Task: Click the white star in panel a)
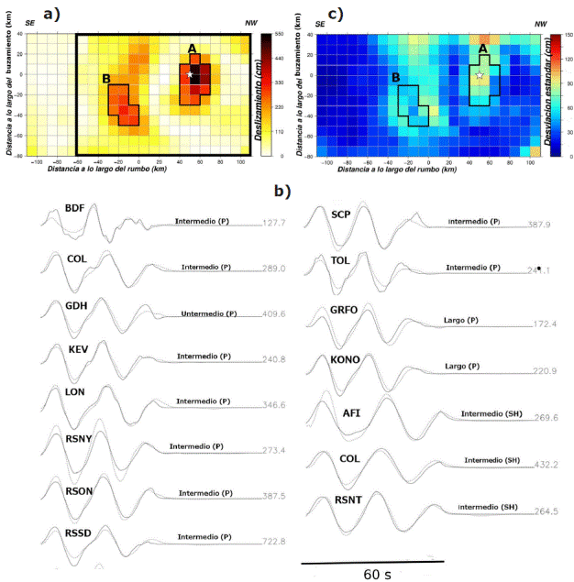[190, 74]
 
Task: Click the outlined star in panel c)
[480, 75]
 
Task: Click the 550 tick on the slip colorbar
[278, 34]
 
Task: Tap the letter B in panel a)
[108, 78]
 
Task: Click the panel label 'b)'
[282, 192]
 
